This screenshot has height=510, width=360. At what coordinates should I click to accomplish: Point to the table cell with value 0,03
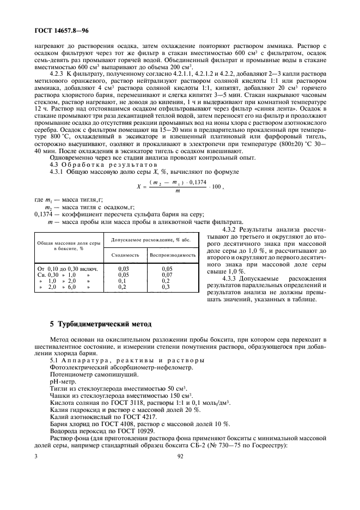point(124,269)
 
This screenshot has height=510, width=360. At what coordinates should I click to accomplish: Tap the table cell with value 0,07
point(167,275)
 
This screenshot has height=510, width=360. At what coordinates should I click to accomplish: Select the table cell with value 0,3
point(166,287)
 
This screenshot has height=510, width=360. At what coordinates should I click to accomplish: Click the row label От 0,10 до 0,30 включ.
point(66,269)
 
